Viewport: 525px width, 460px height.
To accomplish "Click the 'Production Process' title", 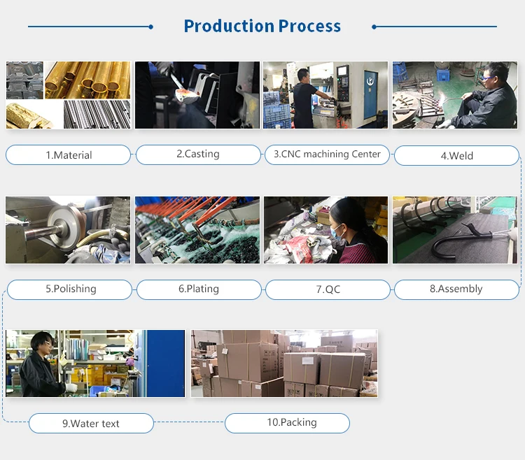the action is [x=262, y=27].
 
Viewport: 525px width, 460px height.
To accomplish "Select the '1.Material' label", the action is [x=69, y=155].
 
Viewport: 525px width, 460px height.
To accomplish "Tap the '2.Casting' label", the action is [x=197, y=154].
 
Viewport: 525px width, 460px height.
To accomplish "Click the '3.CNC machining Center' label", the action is [x=327, y=154].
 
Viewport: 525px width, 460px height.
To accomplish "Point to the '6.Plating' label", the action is [x=198, y=289].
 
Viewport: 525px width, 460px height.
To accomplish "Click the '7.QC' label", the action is [x=328, y=289].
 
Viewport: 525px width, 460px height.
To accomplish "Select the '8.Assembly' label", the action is [x=456, y=289].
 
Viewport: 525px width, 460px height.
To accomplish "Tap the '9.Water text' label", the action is [x=91, y=423].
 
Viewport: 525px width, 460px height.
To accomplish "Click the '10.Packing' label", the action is [x=286, y=422].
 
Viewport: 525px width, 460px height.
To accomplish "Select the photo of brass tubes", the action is [x=87, y=80].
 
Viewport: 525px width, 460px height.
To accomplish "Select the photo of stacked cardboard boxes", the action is [x=283, y=364].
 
